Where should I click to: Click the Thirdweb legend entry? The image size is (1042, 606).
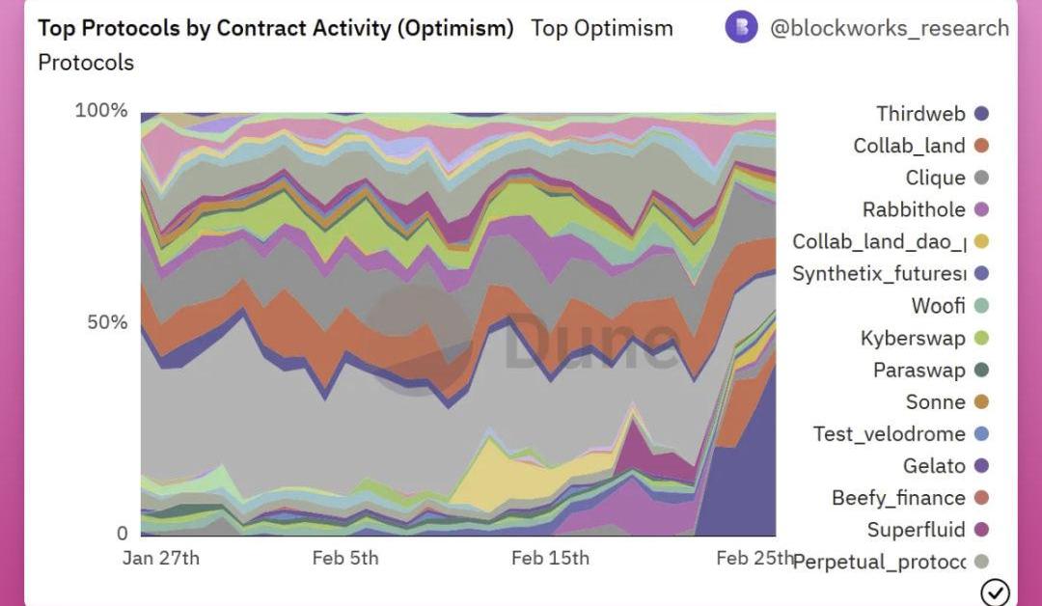pos(920,114)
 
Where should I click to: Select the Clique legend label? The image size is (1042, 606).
pos(935,178)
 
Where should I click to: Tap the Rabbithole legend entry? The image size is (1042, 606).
pos(914,209)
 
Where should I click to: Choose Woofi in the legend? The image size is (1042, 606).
pos(938,306)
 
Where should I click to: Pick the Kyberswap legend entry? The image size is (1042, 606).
pos(913,338)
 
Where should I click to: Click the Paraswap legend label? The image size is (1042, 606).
pos(919,370)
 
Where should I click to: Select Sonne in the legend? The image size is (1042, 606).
pos(935,401)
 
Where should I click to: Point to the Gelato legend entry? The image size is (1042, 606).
pos(934,466)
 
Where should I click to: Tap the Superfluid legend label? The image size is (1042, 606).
pos(916,530)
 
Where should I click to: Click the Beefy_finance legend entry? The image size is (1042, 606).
pos(898,498)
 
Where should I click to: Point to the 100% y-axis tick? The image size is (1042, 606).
pos(101,110)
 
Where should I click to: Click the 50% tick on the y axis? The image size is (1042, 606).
pos(107,322)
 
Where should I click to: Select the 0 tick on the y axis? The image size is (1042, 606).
pos(122,534)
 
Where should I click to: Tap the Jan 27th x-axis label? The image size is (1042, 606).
pos(161,559)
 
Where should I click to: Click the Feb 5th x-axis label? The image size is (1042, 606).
pos(345,559)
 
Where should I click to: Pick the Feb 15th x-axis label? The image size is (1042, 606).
pos(550,559)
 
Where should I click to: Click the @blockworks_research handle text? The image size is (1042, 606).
pos(889,28)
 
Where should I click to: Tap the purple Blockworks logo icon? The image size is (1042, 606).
pos(741,27)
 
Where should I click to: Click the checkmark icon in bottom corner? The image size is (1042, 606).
pos(994,592)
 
